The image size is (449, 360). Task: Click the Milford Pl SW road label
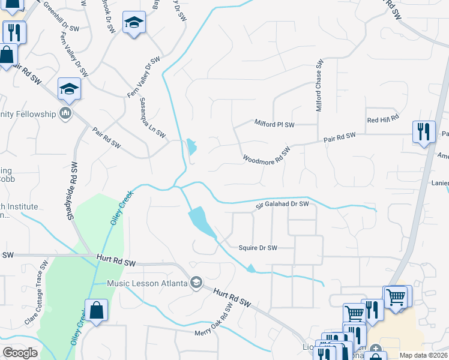(x=274, y=124)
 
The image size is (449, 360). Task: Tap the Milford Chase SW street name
(x=320, y=85)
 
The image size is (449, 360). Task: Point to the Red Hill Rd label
(x=383, y=119)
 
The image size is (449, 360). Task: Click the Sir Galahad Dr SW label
(x=282, y=204)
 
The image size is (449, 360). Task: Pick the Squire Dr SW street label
(x=258, y=248)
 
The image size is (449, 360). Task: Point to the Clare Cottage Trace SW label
(x=37, y=293)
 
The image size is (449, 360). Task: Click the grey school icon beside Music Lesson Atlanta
(x=196, y=283)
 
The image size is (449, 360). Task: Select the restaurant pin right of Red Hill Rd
(x=424, y=131)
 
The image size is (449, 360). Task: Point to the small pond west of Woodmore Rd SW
(x=191, y=146)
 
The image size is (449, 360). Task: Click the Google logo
(x=20, y=353)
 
